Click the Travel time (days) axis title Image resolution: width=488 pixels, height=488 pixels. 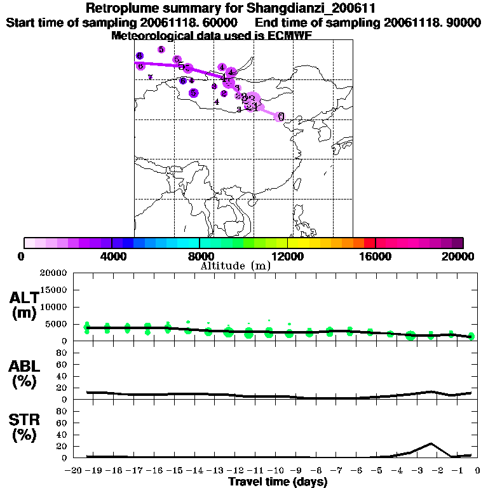point(278,482)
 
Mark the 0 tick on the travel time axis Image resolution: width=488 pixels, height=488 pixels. point(478,471)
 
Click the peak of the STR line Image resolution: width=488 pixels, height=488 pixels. point(431,443)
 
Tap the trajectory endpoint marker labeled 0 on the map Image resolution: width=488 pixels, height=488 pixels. point(280,116)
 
